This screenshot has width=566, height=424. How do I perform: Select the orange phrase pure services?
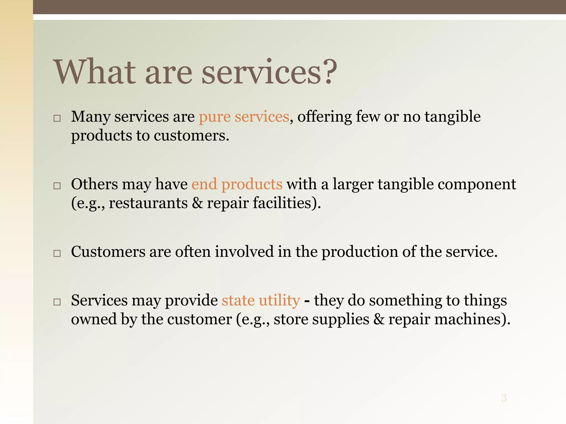(244, 117)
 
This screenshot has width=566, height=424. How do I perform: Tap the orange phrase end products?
(237, 184)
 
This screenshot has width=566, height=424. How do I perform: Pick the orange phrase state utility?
(261, 300)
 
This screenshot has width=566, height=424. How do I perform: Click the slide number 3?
(504, 398)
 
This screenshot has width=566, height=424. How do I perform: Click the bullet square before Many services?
(57, 118)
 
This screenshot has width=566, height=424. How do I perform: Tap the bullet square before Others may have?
(57, 186)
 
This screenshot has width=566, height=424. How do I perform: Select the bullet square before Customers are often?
(57, 253)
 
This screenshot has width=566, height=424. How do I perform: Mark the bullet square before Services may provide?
(57, 302)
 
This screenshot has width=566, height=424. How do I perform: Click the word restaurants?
(148, 203)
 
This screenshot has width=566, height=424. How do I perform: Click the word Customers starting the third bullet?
(108, 252)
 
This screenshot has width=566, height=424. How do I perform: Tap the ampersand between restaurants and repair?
(197, 203)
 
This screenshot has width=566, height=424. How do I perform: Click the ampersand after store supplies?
(379, 319)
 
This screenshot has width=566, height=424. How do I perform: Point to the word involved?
(244, 252)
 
